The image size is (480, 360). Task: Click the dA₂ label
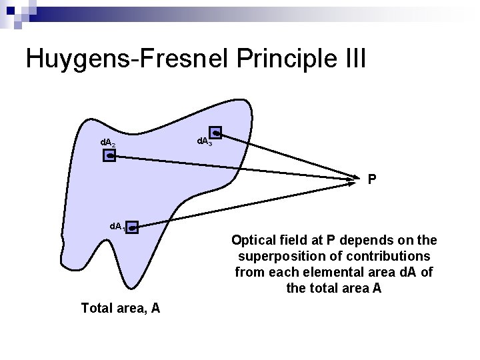108,143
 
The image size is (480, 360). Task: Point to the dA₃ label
204,141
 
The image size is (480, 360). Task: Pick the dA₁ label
118,227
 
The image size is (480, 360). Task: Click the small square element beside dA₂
110,156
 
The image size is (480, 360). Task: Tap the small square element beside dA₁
133,227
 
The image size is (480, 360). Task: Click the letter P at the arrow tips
372,179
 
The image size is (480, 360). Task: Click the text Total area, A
120,308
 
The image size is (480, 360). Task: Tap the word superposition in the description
275,256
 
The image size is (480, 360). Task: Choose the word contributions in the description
392,256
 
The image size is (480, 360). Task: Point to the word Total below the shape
95,308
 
